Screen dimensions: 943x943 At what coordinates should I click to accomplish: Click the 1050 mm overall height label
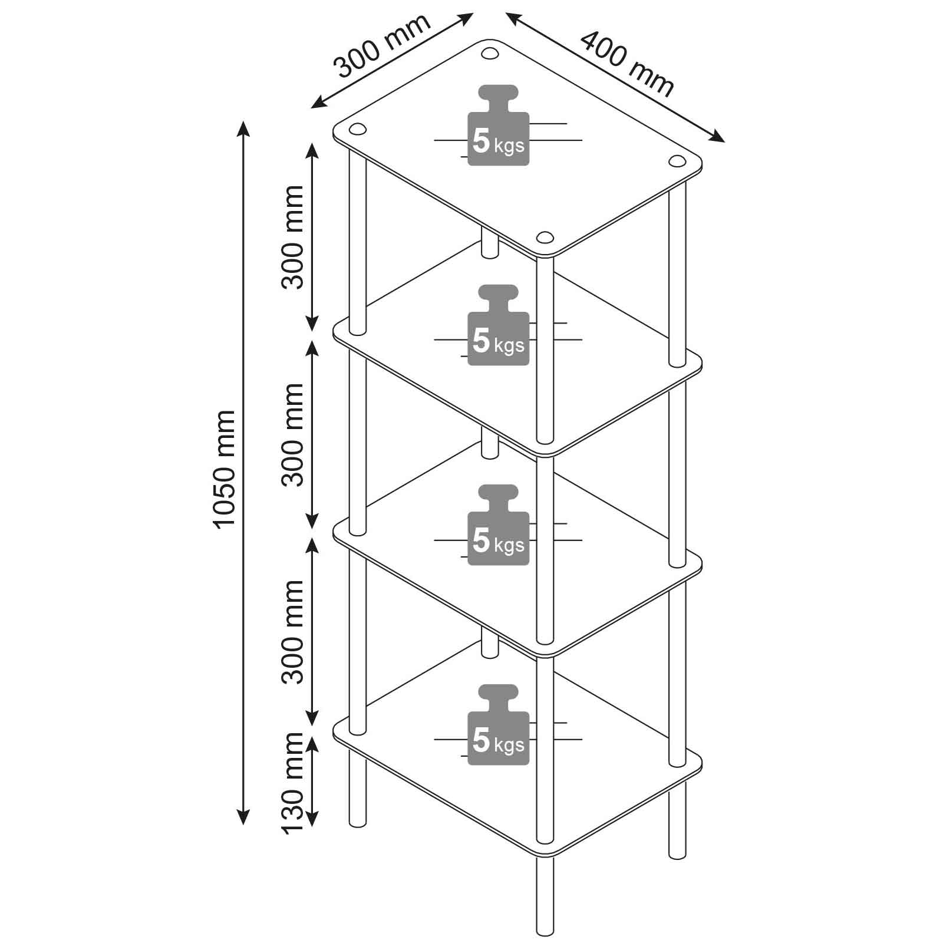[x=224, y=469]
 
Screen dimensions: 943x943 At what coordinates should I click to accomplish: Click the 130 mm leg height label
[x=292, y=783]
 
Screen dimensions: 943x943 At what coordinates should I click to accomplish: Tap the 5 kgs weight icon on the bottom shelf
[x=499, y=725]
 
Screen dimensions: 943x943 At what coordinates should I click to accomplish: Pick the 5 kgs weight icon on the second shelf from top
[x=499, y=325]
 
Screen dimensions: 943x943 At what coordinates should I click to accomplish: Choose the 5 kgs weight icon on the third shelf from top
[x=499, y=525]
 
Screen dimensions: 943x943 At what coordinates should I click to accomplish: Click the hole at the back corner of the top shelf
[x=489, y=53]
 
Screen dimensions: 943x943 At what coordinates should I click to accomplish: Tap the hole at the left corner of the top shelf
[x=358, y=129]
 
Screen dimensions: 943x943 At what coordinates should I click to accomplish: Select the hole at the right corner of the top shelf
[x=677, y=161]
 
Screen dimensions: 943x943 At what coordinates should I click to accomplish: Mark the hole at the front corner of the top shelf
[x=545, y=237]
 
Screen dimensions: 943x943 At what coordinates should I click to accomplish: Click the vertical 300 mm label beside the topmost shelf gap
[x=292, y=237]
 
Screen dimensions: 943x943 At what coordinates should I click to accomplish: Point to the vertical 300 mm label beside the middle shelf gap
[x=292, y=435]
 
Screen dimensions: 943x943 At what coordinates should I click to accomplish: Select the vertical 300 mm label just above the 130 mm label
[x=292, y=632]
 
